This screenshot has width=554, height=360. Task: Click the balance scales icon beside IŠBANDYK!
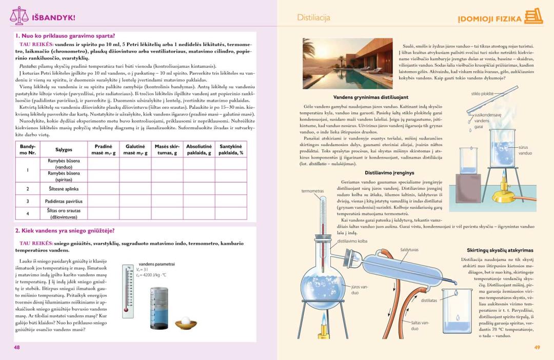pyautogui.click(x=19, y=16)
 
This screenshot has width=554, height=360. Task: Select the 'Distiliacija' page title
pyautogui.click(x=313, y=17)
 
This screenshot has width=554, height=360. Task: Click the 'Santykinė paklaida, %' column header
pyautogui.click(x=231, y=149)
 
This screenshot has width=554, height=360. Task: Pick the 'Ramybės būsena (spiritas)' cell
pyautogui.click(x=64, y=176)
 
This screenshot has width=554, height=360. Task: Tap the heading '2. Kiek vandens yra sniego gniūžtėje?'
pyautogui.click(x=65, y=231)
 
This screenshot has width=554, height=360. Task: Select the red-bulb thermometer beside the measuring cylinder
pyautogui.click(x=126, y=290)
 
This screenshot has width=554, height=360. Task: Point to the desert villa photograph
pyautogui.click(x=347, y=64)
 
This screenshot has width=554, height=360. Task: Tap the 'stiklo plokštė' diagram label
pyautogui.click(x=483, y=94)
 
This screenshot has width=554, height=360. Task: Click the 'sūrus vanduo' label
pyautogui.click(x=525, y=150)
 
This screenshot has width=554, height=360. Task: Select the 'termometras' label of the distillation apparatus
pyautogui.click(x=312, y=191)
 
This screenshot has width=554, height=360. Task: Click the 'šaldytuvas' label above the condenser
pyautogui.click(x=409, y=250)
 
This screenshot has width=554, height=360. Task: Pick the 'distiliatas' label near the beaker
pyautogui.click(x=429, y=301)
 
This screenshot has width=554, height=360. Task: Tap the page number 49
pyautogui.click(x=537, y=347)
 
